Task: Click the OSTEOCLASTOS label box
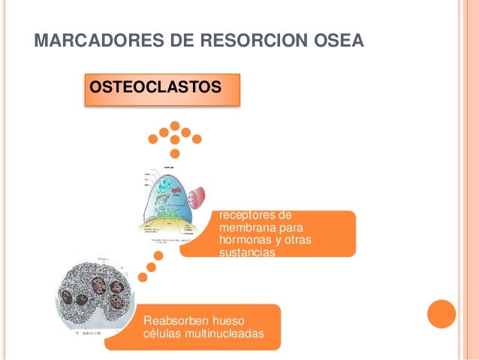pos(155,89)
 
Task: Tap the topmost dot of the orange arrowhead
pos(175,126)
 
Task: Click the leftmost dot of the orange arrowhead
pos(153,139)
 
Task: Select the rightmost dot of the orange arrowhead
pos(197,139)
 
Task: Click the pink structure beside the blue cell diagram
pos(197,198)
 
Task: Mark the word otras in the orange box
pos(297,240)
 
